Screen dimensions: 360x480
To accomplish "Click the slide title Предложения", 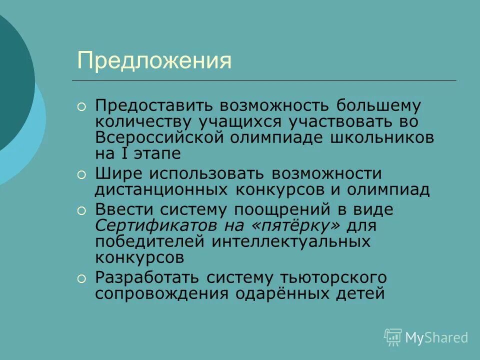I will point(154,61).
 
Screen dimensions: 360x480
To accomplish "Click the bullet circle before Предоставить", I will point(81,106).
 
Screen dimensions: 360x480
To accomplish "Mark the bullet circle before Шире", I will point(81,174).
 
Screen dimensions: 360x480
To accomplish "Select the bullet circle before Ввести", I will point(81,210).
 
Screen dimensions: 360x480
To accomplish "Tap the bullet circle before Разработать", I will point(81,277).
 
